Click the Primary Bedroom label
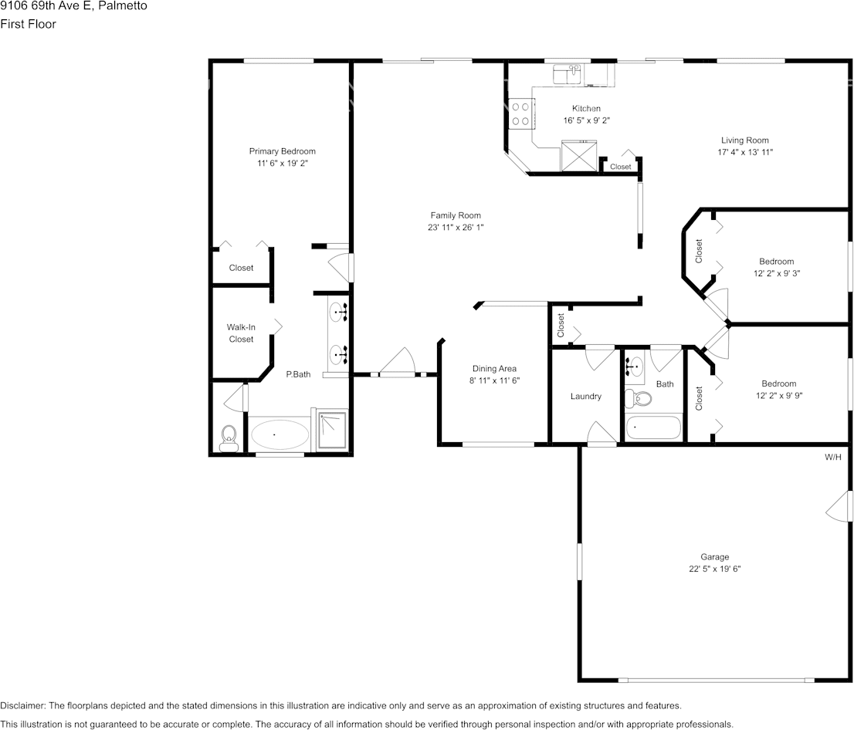coord(282,151)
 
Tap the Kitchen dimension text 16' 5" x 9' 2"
coord(586,120)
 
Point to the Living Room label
coord(744,140)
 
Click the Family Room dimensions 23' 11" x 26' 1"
coord(455,228)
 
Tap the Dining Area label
coord(494,369)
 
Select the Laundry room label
coord(585,397)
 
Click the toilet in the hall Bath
coord(639,399)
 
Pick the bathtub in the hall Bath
coord(653,427)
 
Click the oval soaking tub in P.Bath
coord(278,434)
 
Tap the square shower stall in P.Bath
coord(333,431)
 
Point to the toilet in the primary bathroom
coord(229,437)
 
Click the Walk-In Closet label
coord(241,333)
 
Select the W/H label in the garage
coord(833,458)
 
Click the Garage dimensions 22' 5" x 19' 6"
coord(714,569)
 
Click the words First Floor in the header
coord(28,24)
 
